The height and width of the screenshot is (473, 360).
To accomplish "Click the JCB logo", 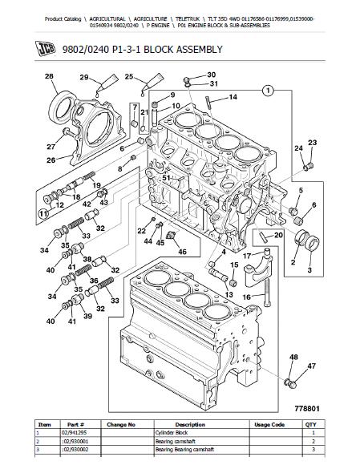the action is (46, 49).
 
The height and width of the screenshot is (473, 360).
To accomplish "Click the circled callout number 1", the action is (268, 90).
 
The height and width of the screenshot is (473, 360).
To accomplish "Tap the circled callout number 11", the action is (44, 214).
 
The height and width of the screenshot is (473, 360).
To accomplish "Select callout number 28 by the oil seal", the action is (49, 76).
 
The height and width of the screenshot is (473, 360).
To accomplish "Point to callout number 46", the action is (182, 251).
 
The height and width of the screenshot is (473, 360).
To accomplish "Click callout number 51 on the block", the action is (166, 178).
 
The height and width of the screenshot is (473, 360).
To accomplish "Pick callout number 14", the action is (233, 97).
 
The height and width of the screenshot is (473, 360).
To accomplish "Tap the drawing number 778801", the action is (306, 409).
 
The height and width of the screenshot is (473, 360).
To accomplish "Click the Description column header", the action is (190, 424).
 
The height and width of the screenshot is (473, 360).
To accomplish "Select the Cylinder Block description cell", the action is (172, 433).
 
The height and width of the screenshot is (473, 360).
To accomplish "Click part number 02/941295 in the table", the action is (74, 433).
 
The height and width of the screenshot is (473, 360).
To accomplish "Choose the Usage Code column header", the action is (269, 424).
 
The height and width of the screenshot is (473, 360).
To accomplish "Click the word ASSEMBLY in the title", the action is (199, 49).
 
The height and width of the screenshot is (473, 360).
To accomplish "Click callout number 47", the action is (311, 366).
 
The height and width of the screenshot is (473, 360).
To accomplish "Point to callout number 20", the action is (278, 234).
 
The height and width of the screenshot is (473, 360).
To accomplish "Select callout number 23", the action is (313, 143).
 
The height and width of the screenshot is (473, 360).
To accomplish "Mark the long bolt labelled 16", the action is (268, 292).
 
